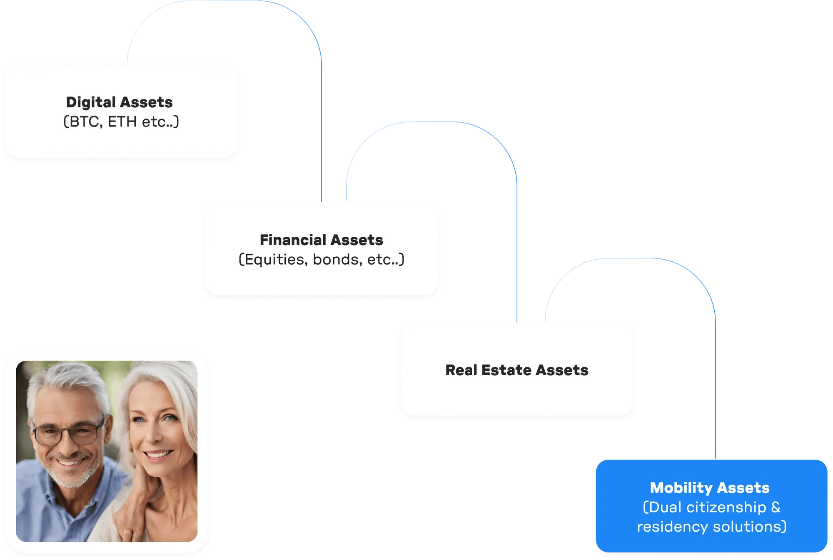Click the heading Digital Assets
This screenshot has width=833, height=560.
click(x=119, y=102)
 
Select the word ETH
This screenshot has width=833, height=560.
click(x=122, y=122)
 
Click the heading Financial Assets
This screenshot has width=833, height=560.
click(x=321, y=240)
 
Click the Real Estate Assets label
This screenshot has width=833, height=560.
click(x=516, y=370)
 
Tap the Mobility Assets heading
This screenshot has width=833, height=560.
click(x=710, y=488)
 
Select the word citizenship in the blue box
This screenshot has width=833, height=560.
click(x=726, y=507)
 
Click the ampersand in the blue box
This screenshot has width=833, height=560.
click(x=776, y=507)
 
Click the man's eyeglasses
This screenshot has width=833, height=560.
click(x=69, y=433)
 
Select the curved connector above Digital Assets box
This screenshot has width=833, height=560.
click(x=225, y=2)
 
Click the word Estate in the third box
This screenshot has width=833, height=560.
click(x=507, y=370)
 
